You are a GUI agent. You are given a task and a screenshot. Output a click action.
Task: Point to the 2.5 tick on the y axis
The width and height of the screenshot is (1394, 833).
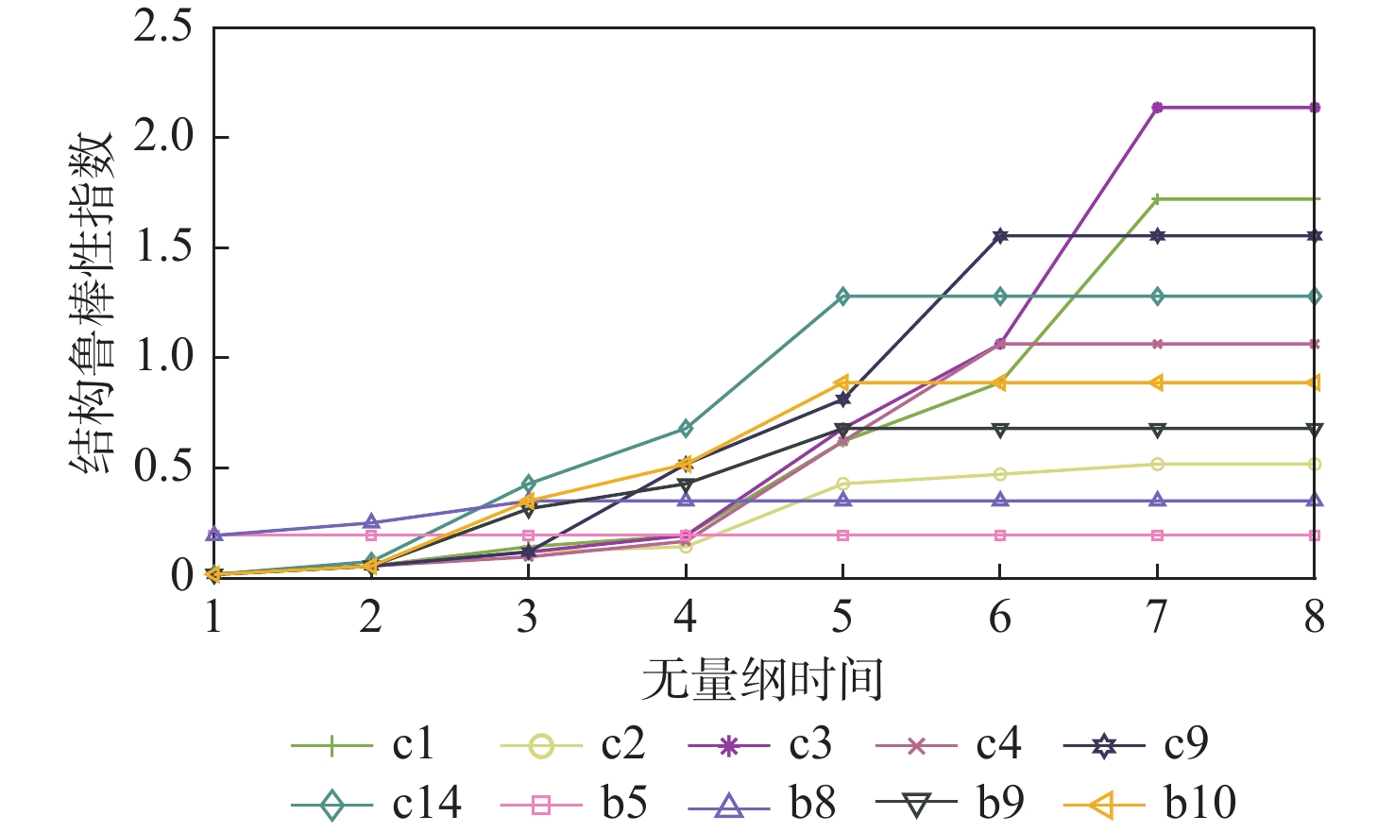pos(162,27)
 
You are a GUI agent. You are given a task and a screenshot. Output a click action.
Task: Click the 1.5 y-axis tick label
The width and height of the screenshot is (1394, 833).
pos(162,247)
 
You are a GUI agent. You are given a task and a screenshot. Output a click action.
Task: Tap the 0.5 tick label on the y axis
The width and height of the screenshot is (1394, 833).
pos(162,467)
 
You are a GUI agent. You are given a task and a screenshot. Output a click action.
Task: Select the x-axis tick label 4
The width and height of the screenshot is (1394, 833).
pos(685,618)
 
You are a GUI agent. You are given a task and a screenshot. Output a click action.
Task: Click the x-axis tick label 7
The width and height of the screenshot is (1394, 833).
pos(1157,618)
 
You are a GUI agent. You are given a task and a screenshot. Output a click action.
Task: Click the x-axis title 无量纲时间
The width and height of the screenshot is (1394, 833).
pos(762,680)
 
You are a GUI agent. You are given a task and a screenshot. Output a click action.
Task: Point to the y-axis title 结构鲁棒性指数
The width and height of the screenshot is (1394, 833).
pos(92,302)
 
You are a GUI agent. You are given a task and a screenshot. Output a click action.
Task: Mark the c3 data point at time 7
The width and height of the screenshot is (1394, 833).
pos(1157,108)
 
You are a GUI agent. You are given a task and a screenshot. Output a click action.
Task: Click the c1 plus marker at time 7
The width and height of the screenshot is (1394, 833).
pos(1157,199)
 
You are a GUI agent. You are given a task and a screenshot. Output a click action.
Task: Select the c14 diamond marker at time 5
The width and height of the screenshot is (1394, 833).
pos(842,297)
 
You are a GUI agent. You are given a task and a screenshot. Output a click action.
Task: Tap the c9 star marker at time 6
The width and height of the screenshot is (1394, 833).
pos(1000,236)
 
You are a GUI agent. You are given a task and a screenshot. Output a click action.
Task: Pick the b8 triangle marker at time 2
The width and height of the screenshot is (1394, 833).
pos(371,522)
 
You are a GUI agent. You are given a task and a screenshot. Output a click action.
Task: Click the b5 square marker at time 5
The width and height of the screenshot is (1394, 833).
pos(842,535)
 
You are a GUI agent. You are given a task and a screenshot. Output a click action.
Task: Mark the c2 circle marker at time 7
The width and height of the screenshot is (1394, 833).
pos(1157,464)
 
